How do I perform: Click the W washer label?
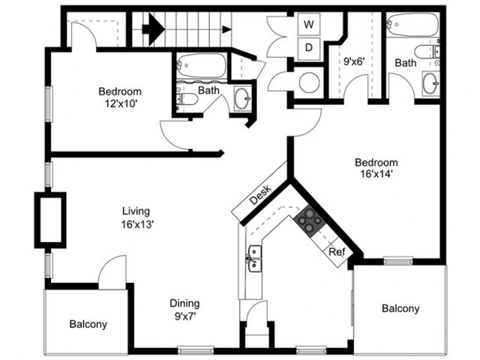pos(308,24)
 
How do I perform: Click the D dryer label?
pos(308,49)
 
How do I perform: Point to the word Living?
pos(136,211)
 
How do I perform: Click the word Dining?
pos(184,304)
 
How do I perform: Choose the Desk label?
pos(259,196)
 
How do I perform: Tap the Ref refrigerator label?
pos(337,253)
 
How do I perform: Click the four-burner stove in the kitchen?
pos(309,219)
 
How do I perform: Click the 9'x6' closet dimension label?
pos(355,63)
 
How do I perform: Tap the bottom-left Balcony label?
pos(88,325)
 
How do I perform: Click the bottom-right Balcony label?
pos(400,308)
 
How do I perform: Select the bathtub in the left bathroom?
pos(201,66)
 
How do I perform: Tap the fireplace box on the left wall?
pos(50,219)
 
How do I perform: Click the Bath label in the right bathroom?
pos(406,63)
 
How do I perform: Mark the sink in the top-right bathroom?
pos(431,84)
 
